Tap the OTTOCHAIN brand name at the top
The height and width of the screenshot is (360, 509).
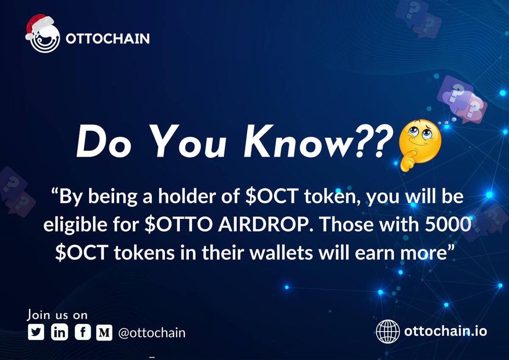click(107, 39)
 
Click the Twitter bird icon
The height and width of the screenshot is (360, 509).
click(36, 332)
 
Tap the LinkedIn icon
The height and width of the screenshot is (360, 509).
click(59, 332)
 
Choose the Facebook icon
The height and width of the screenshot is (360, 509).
click(82, 332)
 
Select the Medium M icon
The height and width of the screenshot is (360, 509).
click(104, 332)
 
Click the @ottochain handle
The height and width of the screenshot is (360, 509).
click(152, 332)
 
